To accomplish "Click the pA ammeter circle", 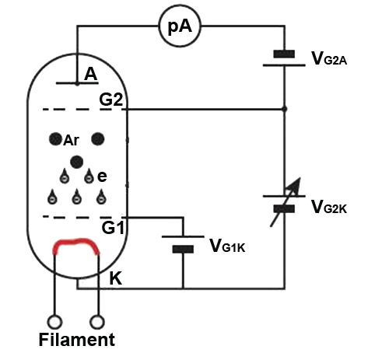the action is (180, 26).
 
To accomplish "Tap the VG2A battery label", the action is (329, 58).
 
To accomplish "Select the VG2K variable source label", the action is (329, 207).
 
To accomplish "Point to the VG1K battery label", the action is (227, 246).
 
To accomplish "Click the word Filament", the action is (77, 340).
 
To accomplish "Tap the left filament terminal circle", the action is (54, 322).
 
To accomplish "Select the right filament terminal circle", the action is (97, 322).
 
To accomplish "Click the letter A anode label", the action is (91, 74).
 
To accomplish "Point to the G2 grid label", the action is (111, 100).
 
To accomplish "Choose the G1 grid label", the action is (113, 228).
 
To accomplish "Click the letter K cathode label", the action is (116, 278).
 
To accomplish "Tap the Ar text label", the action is (71, 141).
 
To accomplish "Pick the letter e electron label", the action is (102, 177).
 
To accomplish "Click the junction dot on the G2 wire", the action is (285, 109).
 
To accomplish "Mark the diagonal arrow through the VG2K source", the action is (286, 202).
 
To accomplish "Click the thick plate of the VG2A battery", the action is (284, 54).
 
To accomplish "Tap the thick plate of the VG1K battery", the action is (183, 249).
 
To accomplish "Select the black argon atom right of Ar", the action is (98, 139).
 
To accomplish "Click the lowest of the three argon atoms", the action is (77, 162).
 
